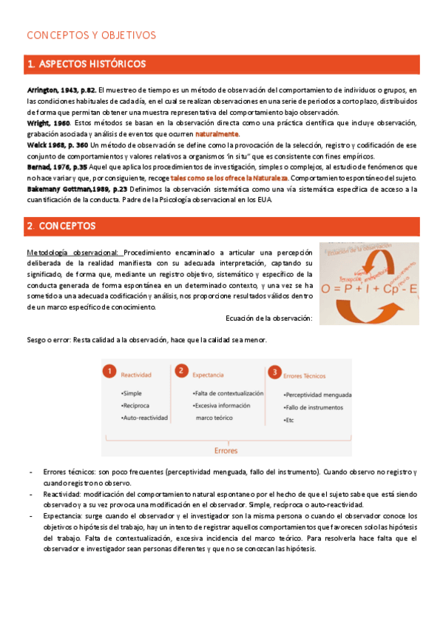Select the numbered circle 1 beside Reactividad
click(109, 370)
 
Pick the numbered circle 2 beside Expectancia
click(180, 370)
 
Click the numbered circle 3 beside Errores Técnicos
click(274, 372)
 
